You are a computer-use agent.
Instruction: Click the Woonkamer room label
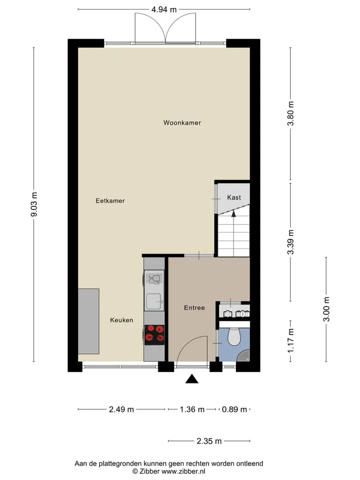pos(182,123)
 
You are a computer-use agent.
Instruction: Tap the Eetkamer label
pos(110,201)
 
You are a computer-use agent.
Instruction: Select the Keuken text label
pos(121,320)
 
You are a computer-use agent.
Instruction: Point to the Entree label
pos(194,308)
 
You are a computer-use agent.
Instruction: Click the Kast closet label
pos(234,197)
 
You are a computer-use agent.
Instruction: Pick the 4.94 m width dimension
pos(164,9)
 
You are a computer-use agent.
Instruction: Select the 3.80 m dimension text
pos(290,113)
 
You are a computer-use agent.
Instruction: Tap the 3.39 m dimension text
pos(290,242)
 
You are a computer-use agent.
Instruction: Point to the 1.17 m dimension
pos(290,340)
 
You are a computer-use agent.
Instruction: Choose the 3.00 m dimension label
pos(326,309)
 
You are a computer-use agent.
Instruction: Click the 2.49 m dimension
pos(121,409)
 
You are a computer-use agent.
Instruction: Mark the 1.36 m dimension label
pos(192,409)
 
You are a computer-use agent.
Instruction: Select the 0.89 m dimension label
pos(234,409)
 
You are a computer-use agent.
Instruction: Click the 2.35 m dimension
pos(209,441)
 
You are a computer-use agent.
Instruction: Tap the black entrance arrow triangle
pos(192,379)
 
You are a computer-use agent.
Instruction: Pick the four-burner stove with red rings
pos(154,335)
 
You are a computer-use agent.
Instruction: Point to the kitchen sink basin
pos(154,301)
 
